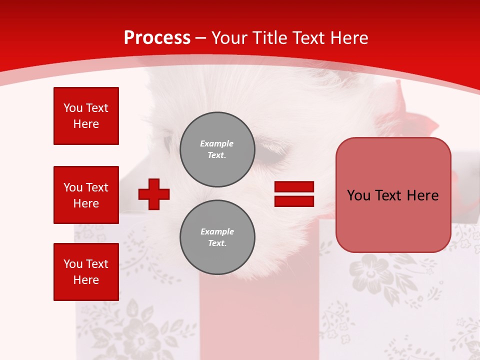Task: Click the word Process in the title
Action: (157, 38)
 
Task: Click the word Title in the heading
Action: (270, 38)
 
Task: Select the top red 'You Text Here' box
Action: (86, 116)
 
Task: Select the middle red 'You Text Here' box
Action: (86, 195)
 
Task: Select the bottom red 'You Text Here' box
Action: (86, 272)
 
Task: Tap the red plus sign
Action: (154, 194)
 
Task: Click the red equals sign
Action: (294, 194)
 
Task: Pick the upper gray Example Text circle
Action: (217, 149)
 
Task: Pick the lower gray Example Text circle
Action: (217, 237)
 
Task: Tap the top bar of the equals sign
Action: (294, 187)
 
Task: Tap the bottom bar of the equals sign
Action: (294, 201)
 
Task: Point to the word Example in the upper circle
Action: (217, 143)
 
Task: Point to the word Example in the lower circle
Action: (217, 231)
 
